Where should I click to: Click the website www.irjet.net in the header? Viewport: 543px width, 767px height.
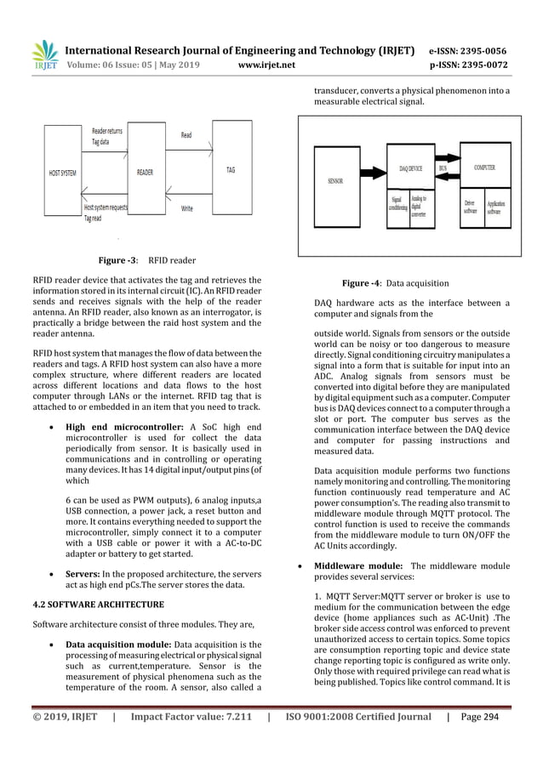coord(266,62)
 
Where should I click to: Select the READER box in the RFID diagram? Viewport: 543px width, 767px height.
coord(145,171)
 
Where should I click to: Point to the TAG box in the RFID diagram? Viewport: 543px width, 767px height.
coord(231,169)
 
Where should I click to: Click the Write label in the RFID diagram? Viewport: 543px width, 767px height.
coord(187,207)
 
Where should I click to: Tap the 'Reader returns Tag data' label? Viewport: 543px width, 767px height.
coord(107,137)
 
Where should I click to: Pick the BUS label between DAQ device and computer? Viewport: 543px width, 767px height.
coord(443,168)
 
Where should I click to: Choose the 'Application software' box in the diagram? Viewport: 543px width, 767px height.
coord(499,206)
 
